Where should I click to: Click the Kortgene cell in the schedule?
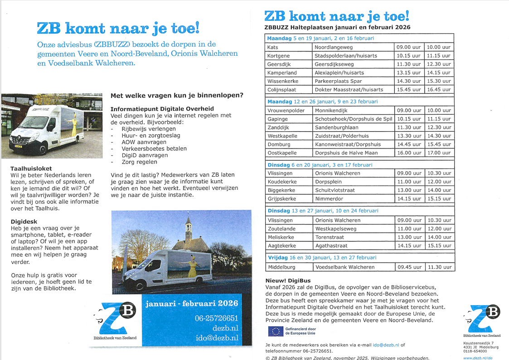[289, 56]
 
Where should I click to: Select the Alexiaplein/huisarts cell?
[353, 72]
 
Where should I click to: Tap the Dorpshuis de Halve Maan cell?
[353, 153]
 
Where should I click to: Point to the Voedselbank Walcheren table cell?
[353, 267]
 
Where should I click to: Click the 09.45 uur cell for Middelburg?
[409, 267]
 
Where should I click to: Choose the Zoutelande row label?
[289, 229]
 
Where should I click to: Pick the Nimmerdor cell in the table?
[353, 199]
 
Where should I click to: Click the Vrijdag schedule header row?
[360, 258]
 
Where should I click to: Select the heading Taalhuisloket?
[31, 168]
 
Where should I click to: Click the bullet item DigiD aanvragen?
[145, 155]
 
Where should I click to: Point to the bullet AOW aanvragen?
[144, 142]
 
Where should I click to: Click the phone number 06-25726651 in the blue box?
[217, 318]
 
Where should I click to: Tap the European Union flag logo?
[275, 331]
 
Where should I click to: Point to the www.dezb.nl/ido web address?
[478, 358]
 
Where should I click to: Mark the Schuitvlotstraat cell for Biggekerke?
[353, 190]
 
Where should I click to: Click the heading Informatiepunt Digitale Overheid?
[162, 109]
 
